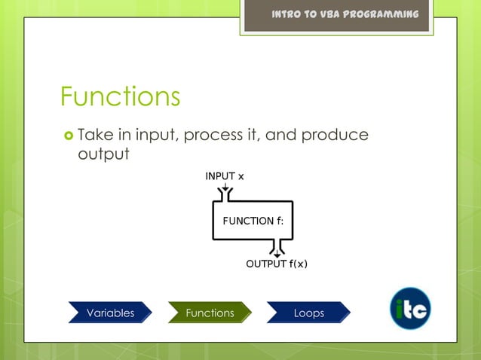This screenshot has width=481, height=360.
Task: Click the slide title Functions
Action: pyautogui.click(x=120, y=96)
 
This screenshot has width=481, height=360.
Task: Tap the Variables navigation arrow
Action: pyautogui.click(x=110, y=313)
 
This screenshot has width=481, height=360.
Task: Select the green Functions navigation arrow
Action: pyautogui.click(x=210, y=313)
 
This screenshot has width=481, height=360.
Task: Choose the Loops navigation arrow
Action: pyautogui.click(x=308, y=313)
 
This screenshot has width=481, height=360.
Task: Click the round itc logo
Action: pyautogui.click(x=410, y=309)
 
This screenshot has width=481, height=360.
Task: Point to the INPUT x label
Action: pyautogui.click(x=225, y=176)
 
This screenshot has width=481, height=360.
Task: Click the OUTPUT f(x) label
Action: pyautogui.click(x=277, y=264)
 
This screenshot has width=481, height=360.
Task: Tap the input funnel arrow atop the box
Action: pyautogui.click(x=225, y=195)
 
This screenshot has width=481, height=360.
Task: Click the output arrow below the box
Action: pyautogui.click(x=277, y=249)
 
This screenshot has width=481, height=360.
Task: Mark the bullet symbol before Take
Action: pyautogui.click(x=68, y=136)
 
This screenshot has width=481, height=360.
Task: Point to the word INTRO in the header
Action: pyautogui.click(x=290, y=15)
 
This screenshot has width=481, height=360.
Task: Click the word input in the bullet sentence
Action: pyautogui.click(x=156, y=136)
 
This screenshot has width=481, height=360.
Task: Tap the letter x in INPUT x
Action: pyautogui.click(x=240, y=176)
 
